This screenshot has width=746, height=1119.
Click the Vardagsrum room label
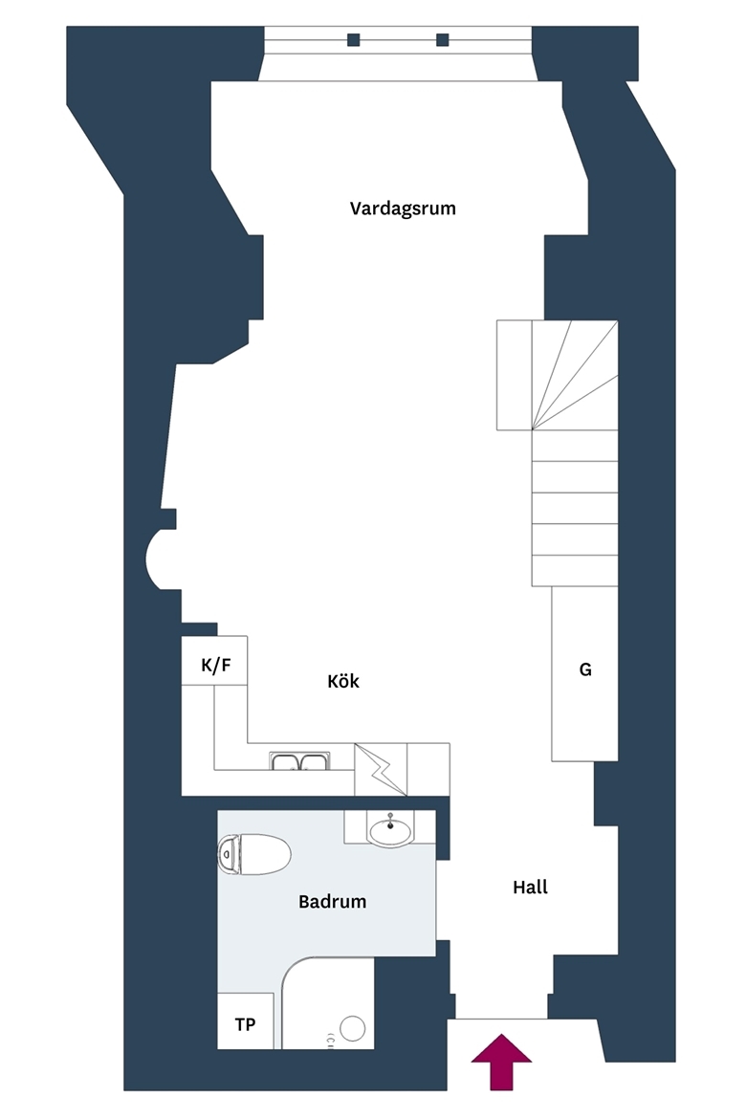403,208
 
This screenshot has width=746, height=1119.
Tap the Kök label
343,681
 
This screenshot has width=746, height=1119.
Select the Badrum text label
333,901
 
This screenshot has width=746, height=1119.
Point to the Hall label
531,887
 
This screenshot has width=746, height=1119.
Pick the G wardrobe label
585,669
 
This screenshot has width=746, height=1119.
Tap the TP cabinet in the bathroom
246,1021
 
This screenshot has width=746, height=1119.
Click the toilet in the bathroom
254,854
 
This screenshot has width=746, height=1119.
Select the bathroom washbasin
390,831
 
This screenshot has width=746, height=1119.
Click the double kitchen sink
299,761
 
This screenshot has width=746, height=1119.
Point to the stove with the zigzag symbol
381,769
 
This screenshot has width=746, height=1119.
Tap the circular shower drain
353,1028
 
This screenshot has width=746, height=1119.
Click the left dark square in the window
353,40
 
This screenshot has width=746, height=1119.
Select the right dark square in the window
443,40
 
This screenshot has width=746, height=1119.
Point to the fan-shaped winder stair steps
575,375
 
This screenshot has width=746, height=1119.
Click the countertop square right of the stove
428,769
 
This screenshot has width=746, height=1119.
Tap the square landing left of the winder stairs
514,375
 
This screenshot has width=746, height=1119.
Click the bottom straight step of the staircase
575,571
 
